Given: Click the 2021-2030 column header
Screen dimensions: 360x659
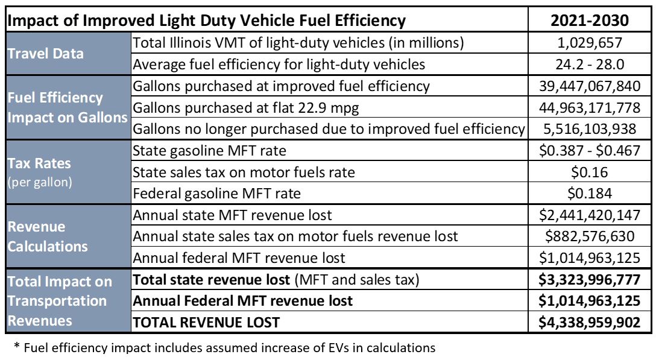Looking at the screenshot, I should click(x=590, y=20).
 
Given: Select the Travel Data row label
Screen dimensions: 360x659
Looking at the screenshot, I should click(x=46, y=53).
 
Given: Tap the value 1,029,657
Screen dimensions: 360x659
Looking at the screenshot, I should click(x=590, y=43).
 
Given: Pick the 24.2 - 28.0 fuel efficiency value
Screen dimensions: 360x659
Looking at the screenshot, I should click(x=590, y=64).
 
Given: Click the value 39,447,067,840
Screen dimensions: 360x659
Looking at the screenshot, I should click(x=590, y=86).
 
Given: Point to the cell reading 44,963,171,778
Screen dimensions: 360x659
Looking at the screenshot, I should click(x=590, y=107).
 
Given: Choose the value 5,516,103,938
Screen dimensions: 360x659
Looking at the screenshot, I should click(x=590, y=128).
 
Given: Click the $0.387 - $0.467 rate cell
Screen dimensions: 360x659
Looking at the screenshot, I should click(x=590, y=150).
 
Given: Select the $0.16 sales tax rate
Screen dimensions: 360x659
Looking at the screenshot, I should click(x=590, y=172).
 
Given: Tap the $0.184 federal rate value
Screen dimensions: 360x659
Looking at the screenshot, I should click(x=590, y=194).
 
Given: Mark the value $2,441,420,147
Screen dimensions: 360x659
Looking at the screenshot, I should click(x=590, y=215).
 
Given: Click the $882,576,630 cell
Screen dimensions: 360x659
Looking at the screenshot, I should click(x=590, y=236).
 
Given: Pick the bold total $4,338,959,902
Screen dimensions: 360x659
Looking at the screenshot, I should click(x=590, y=322).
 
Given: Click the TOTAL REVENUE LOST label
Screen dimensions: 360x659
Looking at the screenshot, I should click(x=206, y=322).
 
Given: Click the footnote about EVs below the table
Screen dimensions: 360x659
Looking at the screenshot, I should click(x=224, y=347).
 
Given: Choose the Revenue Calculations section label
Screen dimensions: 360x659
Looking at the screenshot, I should click(x=47, y=236).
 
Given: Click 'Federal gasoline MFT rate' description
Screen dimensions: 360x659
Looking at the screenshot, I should click(x=216, y=194).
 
